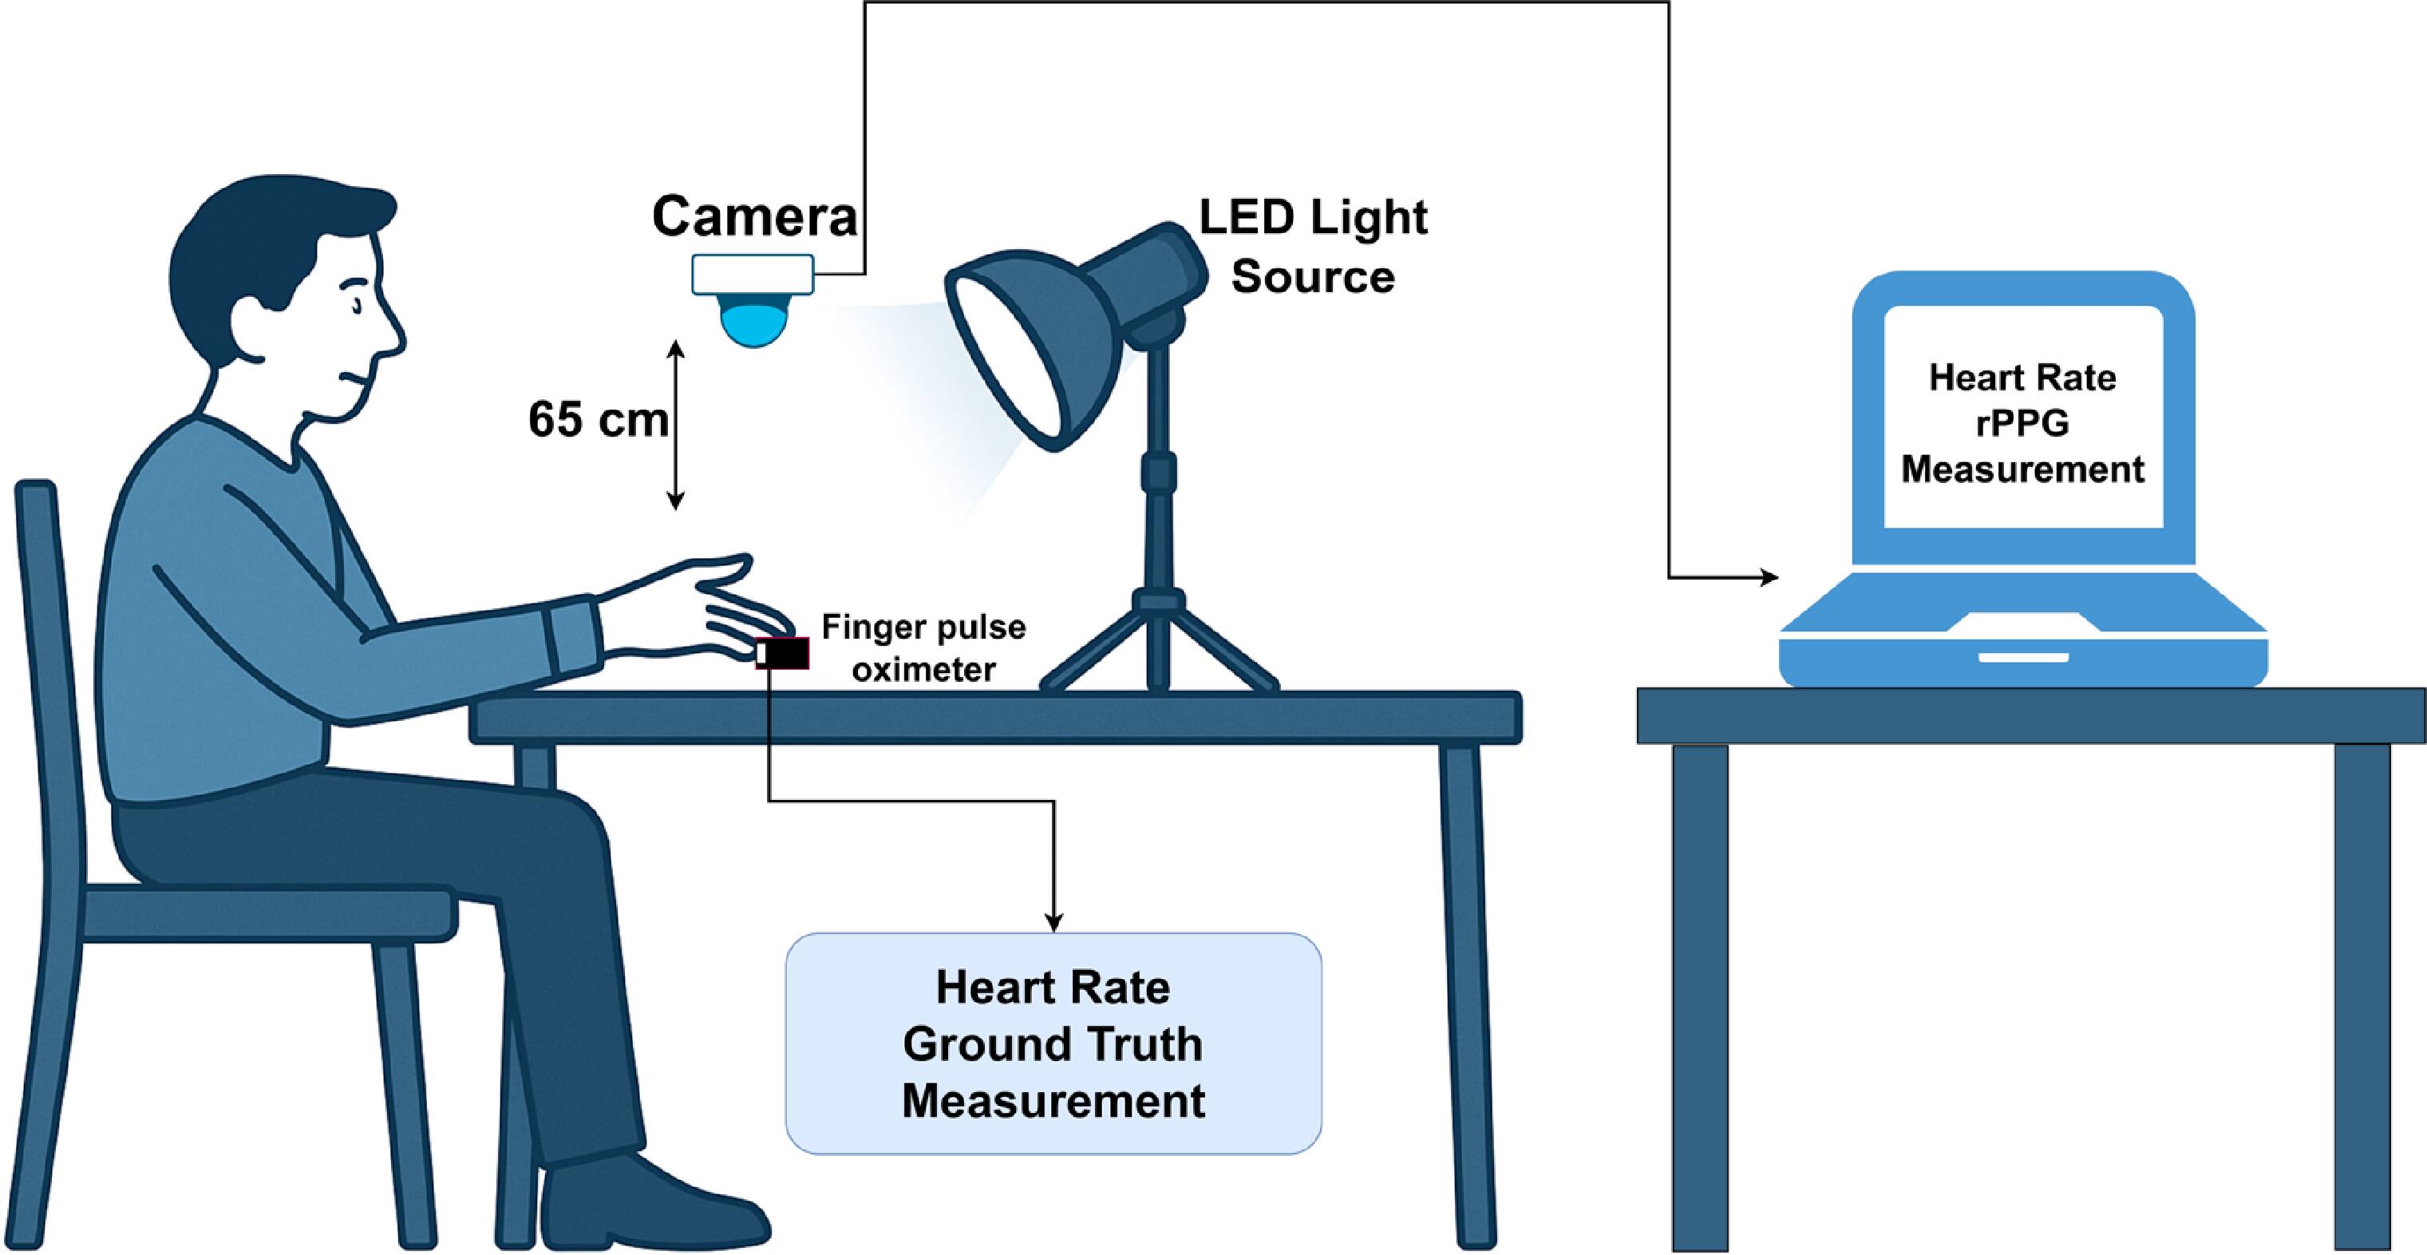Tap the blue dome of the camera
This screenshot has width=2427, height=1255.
point(753,320)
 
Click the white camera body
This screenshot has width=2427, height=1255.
point(752,274)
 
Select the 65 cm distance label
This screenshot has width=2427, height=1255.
point(599,419)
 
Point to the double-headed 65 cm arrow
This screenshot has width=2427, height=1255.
point(675,425)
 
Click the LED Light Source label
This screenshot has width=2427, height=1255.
point(1312,247)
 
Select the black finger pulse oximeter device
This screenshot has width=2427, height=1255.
point(784,653)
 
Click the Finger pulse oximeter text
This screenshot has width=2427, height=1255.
point(923,648)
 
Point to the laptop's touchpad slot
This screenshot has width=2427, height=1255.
point(2023,657)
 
